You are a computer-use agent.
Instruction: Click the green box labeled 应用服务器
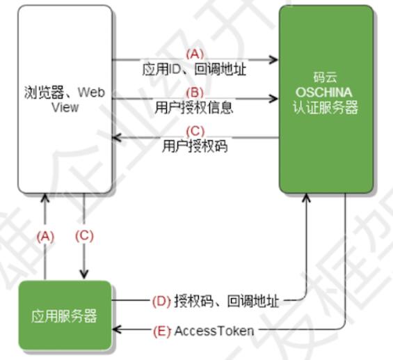tap(65, 315)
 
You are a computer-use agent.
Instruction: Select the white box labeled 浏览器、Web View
tap(65, 99)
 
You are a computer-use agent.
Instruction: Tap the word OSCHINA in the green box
tap(324, 93)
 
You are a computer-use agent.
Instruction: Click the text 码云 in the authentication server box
tap(325, 77)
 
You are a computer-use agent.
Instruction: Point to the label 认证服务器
tap(326, 108)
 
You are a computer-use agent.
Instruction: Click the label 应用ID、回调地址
tap(194, 69)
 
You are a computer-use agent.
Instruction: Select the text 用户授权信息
tap(194, 108)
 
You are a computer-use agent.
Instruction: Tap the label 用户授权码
tap(195, 146)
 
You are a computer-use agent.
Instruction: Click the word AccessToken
tap(214, 331)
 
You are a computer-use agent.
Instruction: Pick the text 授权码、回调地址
tap(227, 301)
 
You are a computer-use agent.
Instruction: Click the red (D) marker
tap(161, 301)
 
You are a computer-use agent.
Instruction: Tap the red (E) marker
tap(161, 331)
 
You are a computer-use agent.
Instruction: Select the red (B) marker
tap(195, 93)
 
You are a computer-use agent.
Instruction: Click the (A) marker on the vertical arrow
tap(45, 236)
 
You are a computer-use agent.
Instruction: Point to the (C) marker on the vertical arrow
tap(84, 236)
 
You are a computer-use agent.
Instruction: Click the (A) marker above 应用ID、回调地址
tap(195, 54)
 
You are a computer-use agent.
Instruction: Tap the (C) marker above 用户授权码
tap(195, 131)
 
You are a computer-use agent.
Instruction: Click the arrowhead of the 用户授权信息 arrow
tap(273, 98)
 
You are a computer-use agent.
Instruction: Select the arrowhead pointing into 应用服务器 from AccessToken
tap(117, 329)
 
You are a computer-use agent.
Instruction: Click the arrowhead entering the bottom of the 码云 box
tap(306, 198)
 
